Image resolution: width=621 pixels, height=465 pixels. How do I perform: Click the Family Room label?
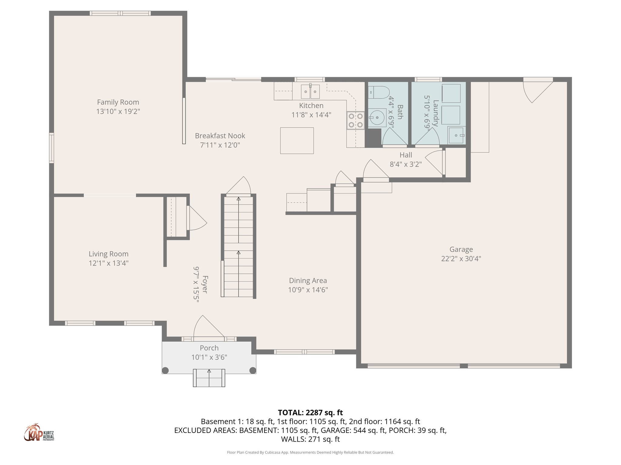click(118, 102)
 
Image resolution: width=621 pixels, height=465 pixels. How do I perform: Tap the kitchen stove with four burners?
click(355, 120)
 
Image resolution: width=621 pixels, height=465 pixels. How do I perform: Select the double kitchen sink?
click(310, 91)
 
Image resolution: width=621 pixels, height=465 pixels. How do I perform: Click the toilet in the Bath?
click(379, 92)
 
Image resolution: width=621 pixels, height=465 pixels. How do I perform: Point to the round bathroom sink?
click(377, 118)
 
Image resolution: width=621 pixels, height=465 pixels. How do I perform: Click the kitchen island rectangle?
click(297, 140)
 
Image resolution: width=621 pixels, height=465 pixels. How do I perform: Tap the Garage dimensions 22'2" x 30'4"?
click(461, 259)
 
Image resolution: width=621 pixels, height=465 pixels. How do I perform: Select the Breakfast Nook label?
click(220, 136)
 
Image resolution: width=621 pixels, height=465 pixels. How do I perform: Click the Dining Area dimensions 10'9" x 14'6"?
click(308, 290)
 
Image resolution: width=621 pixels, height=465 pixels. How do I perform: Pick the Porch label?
click(209, 348)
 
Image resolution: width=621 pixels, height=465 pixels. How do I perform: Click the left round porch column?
click(165, 370)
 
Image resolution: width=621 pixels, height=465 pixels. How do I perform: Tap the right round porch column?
click(252, 370)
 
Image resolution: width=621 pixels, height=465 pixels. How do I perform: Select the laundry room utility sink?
click(456, 135)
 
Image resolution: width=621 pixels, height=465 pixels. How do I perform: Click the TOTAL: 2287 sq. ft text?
click(310, 413)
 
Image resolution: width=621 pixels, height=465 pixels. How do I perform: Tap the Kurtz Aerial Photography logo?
click(39, 433)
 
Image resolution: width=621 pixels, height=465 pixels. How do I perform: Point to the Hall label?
click(405, 155)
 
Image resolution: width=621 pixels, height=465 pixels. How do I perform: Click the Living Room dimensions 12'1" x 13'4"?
click(109, 263)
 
